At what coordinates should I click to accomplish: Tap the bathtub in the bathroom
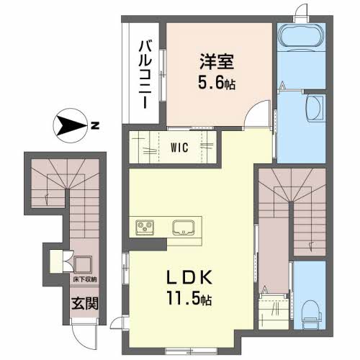point(302,36)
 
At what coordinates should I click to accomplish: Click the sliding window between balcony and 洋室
point(166,72)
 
